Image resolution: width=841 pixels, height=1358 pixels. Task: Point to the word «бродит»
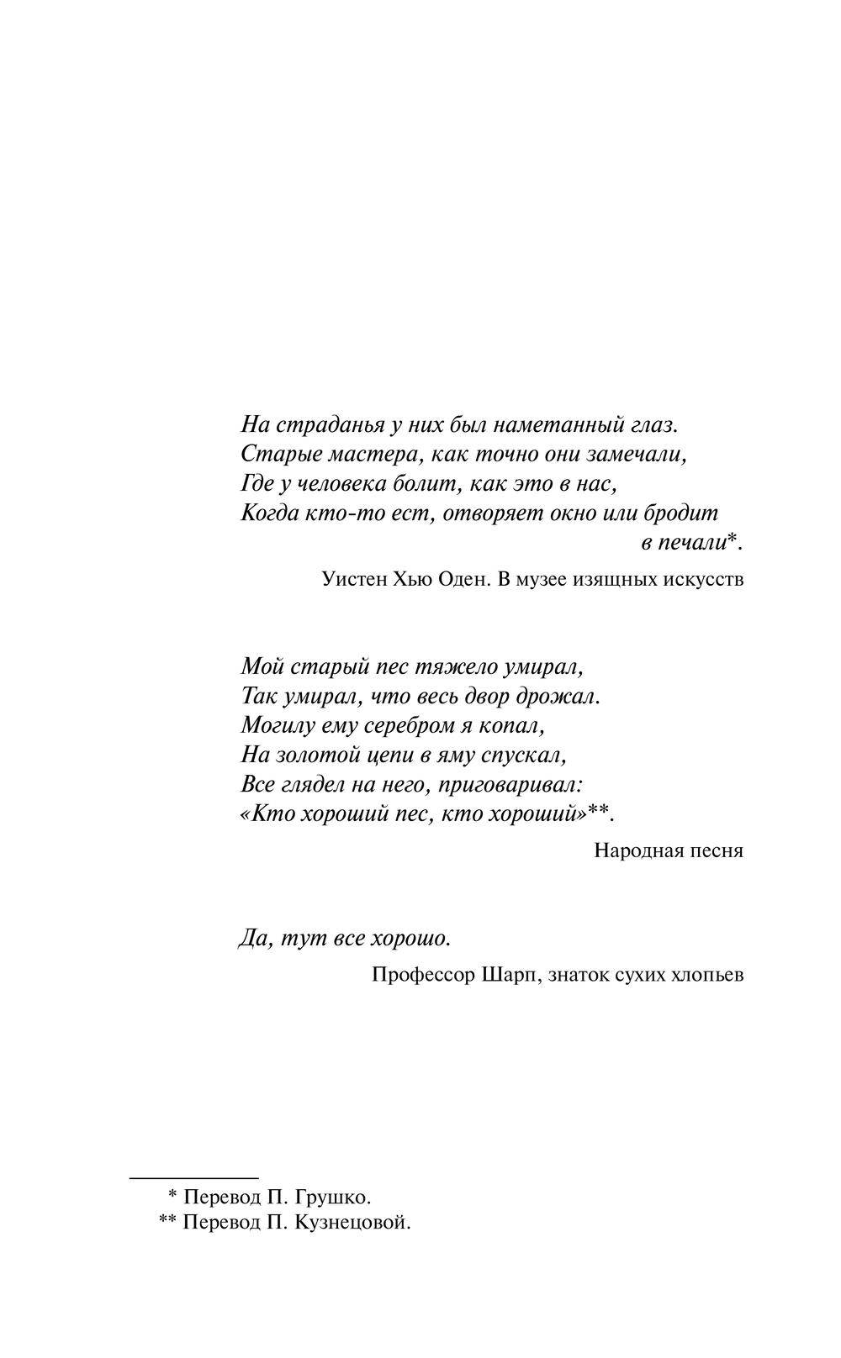681,513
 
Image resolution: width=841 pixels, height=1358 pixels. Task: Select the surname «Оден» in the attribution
458,579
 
